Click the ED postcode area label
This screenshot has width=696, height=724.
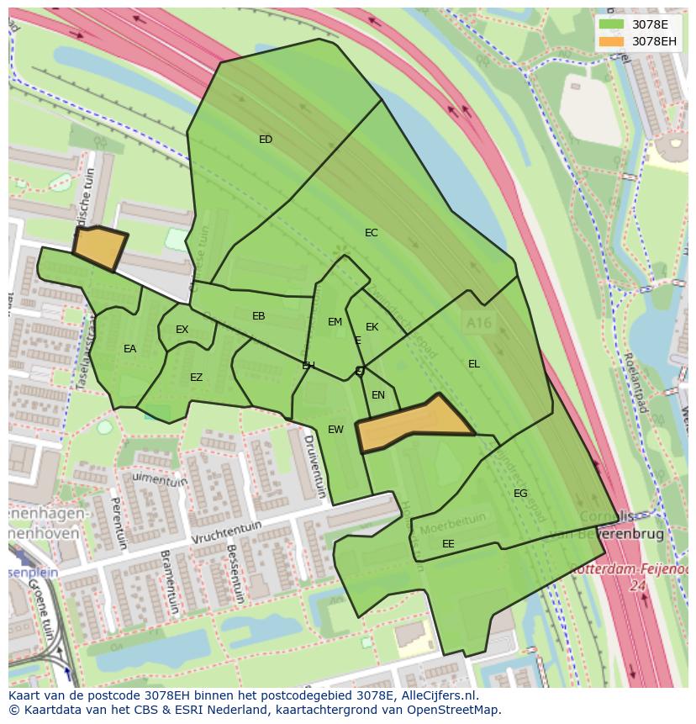point(266,140)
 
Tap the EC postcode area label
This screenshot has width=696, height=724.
point(371,233)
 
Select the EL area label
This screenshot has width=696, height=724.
point(474,364)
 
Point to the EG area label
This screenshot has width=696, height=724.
point(520,494)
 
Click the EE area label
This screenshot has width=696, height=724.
point(448,544)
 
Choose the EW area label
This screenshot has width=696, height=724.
point(335,430)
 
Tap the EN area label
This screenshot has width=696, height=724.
point(378,395)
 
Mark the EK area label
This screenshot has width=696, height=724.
point(372,327)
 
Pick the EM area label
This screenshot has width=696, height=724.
point(335,322)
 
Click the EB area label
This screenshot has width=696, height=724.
point(259,316)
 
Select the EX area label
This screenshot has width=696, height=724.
point(182,330)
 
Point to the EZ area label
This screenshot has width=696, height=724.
point(196,378)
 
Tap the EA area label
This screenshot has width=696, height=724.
point(129,349)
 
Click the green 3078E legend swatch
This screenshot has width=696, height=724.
point(612,24)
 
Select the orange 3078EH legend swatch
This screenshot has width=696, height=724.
point(612,41)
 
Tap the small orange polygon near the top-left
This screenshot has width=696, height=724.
point(99,248)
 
